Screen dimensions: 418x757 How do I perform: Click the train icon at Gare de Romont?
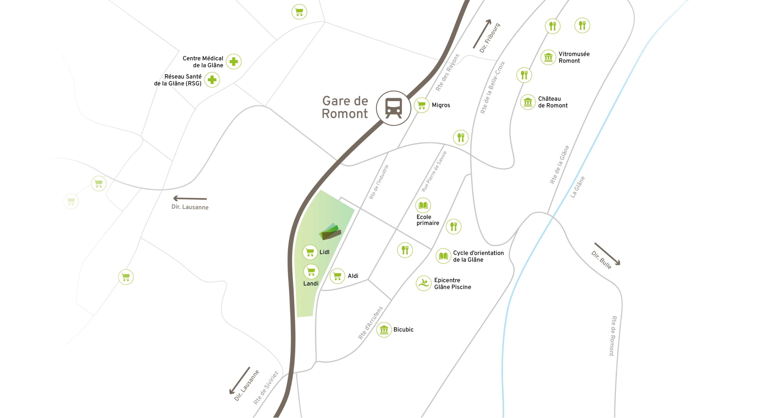[393, 108]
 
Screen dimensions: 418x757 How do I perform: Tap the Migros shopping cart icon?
[421, 105]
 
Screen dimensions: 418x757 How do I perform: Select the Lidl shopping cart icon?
[310, 252]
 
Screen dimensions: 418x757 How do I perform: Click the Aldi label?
[353, 276]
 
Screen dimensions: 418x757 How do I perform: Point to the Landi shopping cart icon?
[311, 271]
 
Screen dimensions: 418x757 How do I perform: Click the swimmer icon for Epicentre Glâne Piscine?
[423, 283]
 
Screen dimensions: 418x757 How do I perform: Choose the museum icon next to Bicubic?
[384, 330]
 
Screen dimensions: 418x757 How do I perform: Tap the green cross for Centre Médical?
[234, 62]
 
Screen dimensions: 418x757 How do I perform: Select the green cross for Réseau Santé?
[212, 80]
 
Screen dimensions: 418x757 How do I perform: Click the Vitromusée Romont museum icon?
[548, 57]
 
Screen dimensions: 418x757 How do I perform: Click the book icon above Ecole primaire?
[423, 205]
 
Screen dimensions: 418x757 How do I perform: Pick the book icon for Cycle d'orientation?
[443, 256]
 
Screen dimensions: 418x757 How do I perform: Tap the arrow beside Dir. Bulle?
[607, 254]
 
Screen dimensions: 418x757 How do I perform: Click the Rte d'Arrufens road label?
[370, 323]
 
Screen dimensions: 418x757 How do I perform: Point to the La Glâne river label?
[578, 187]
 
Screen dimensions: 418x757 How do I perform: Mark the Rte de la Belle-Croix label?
[492, 87]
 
